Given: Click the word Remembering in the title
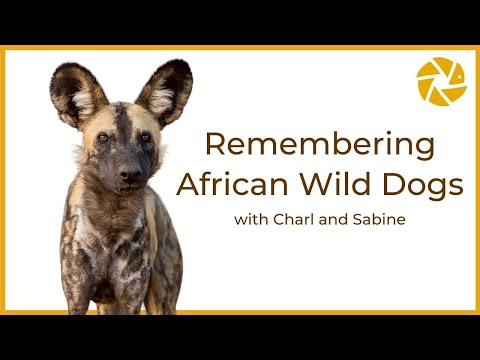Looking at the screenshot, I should coord(319,145).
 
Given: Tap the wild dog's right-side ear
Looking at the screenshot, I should coord(165,90).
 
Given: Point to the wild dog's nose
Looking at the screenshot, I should coord(129,174).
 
